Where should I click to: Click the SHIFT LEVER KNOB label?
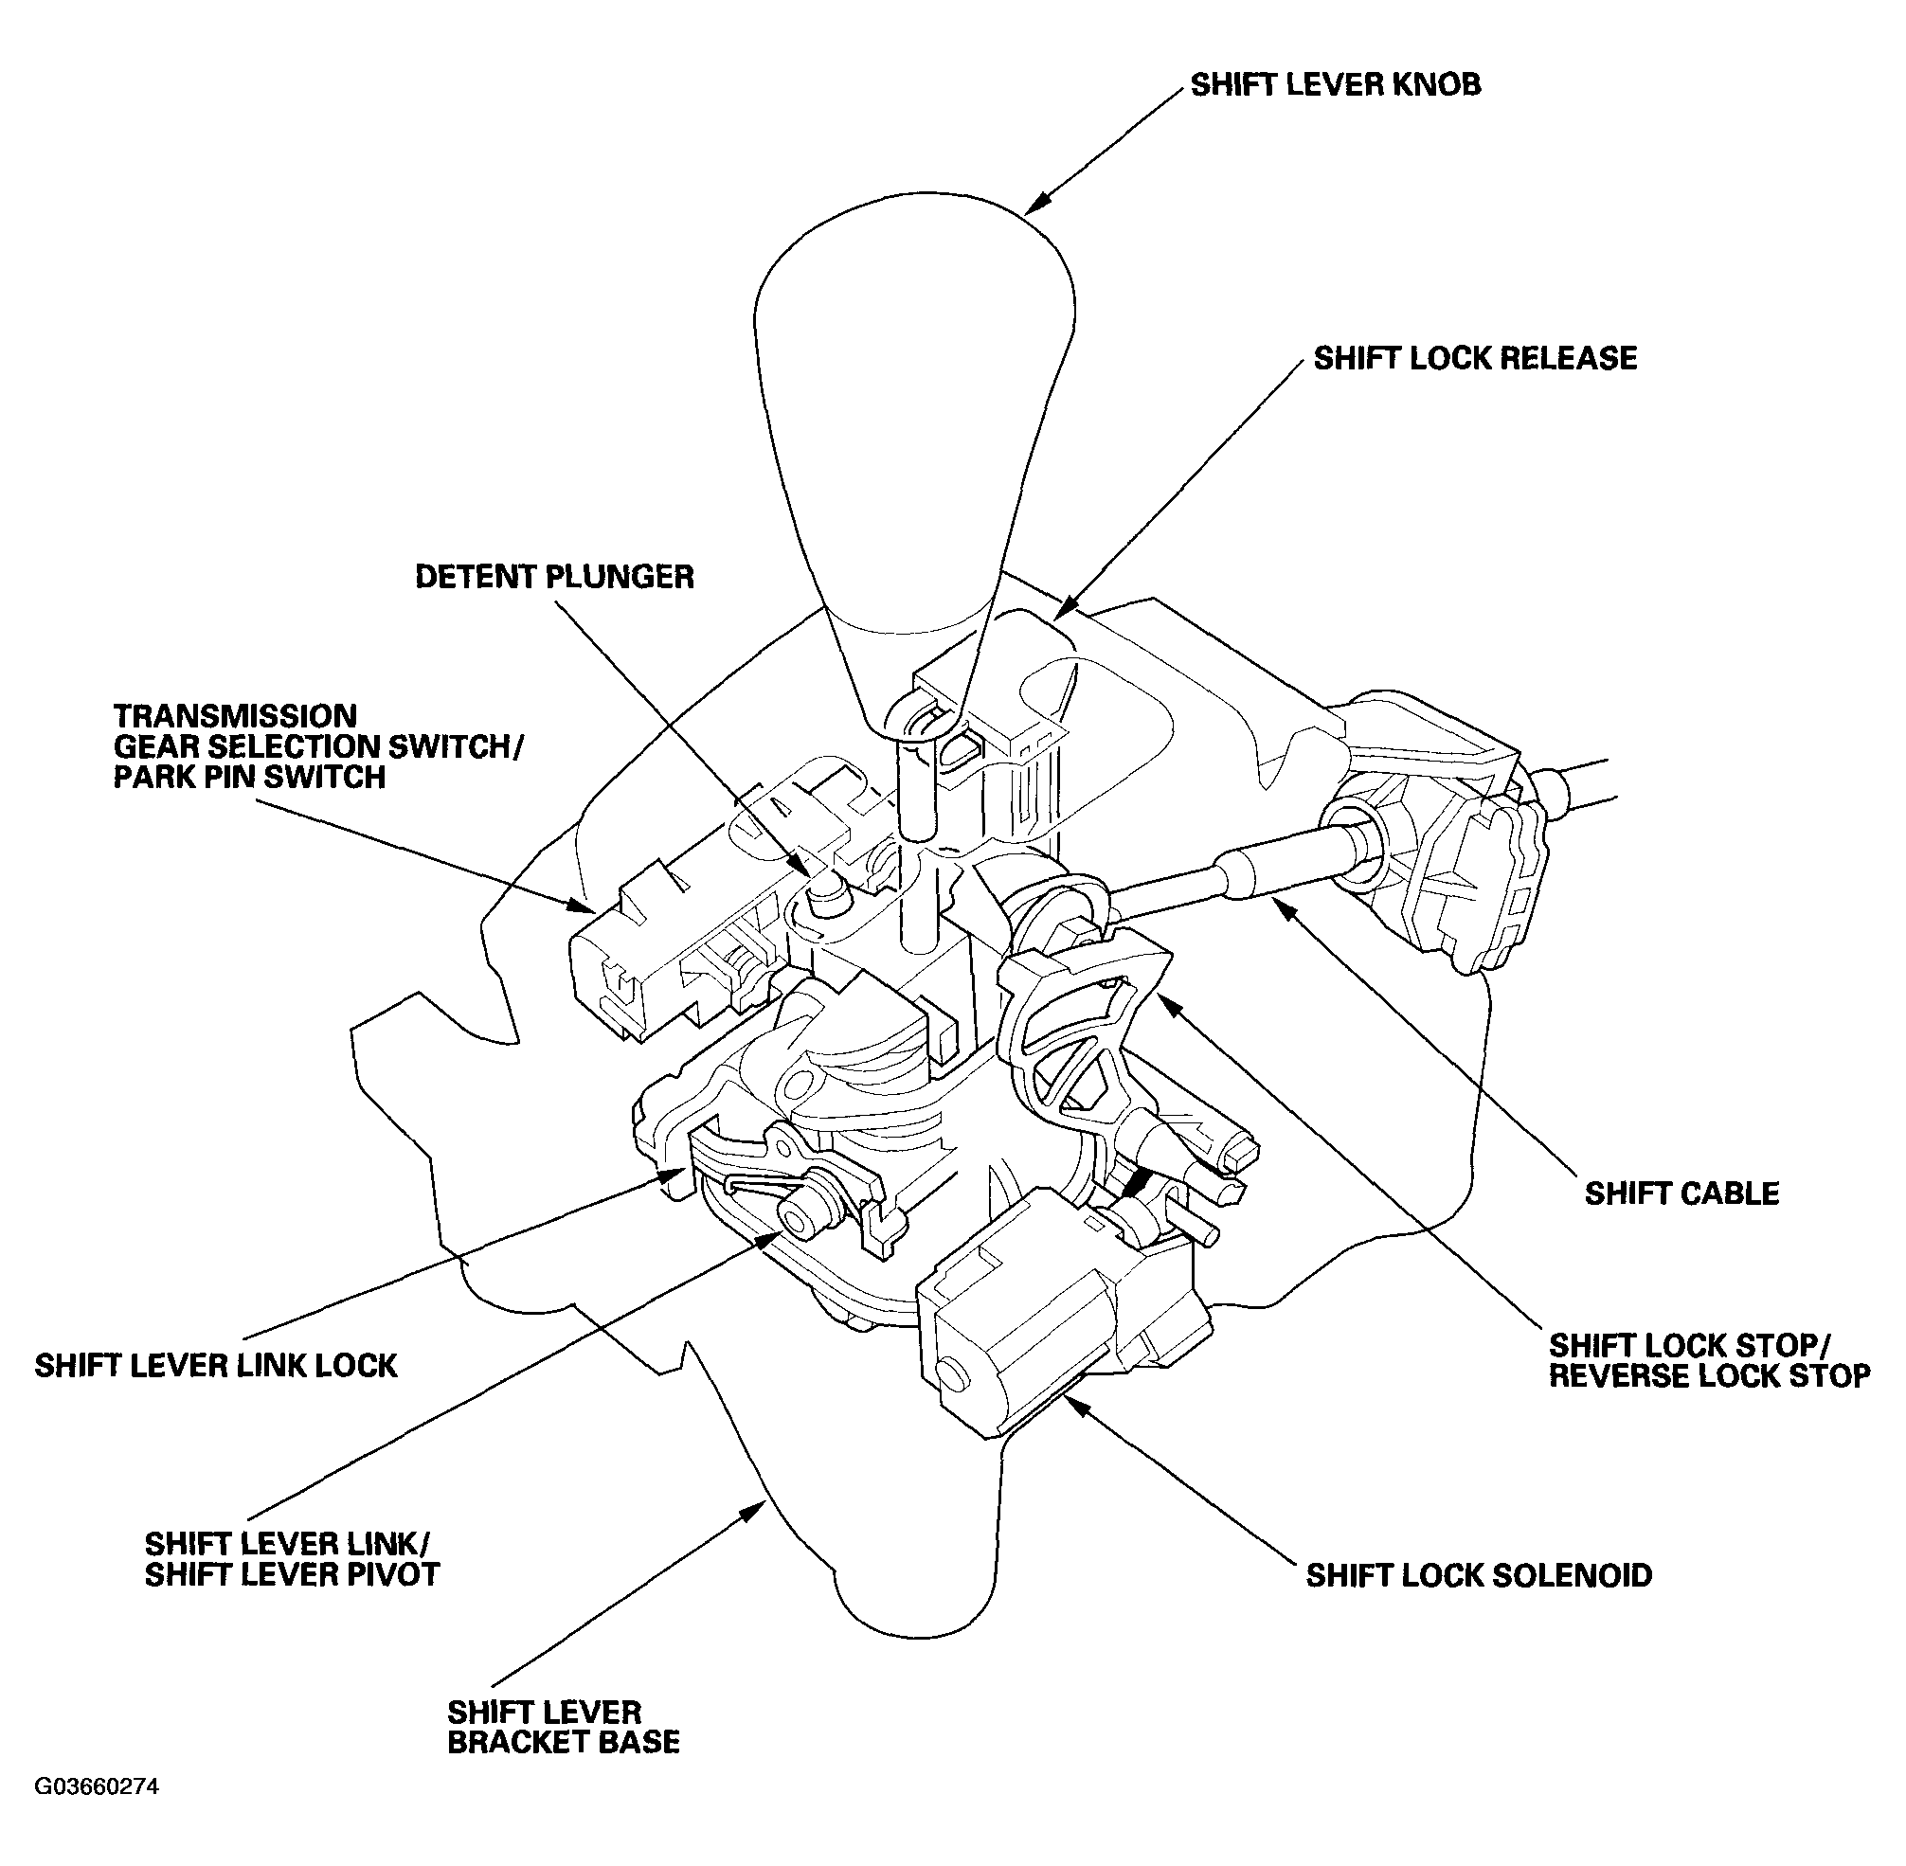click(x=1335, y=85)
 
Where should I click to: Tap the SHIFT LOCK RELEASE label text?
click(x=1474, y=359)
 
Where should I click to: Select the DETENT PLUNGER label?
click(x=554, y=576)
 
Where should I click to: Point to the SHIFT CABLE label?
click(x=1681, y=1193)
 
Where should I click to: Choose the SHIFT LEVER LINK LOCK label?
click(x=216, y=1365)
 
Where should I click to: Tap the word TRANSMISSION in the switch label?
click(x=235, y=715)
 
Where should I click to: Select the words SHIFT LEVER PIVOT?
click(x=292, y=1574)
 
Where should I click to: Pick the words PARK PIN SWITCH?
click(x=249, y=777)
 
